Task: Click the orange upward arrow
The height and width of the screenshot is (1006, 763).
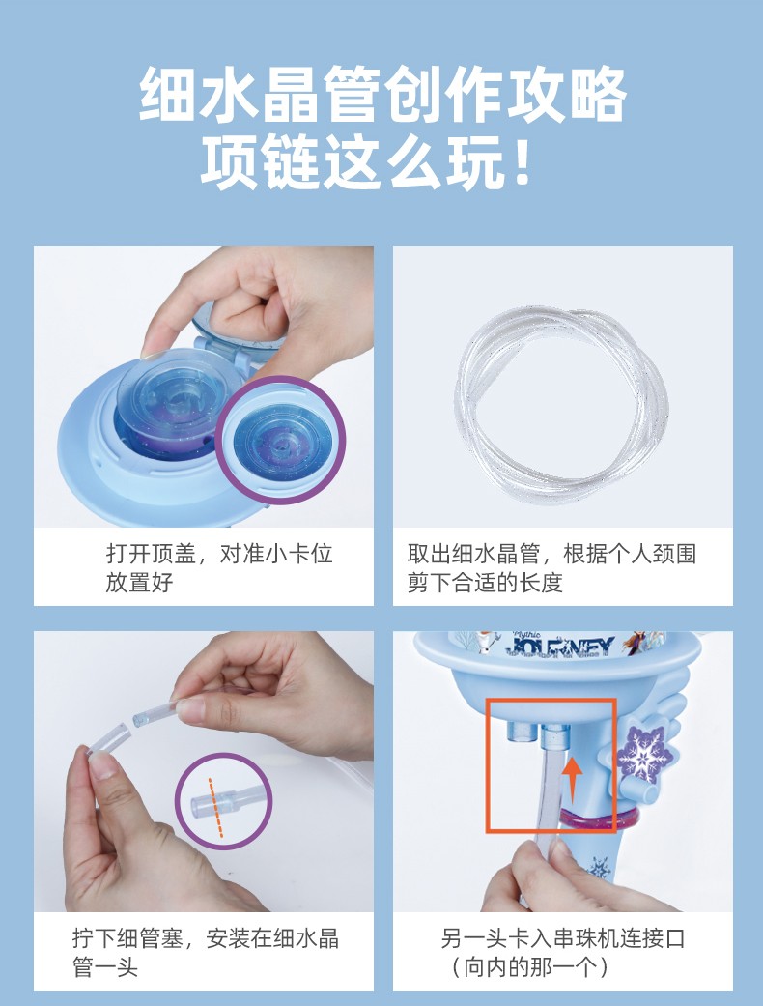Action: pos(573,780)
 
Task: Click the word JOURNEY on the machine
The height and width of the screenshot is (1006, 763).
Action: pos(562,647)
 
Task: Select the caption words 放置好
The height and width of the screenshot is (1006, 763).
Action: pos(140,583)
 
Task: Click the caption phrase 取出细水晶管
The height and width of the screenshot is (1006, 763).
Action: pos(475,554)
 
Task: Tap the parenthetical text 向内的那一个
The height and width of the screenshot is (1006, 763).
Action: pos(530,967)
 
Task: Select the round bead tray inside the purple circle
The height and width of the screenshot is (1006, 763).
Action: pos(281,440)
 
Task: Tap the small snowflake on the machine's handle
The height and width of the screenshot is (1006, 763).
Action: pos(600,869)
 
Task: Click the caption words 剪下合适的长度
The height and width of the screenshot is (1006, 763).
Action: pos(486,583)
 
